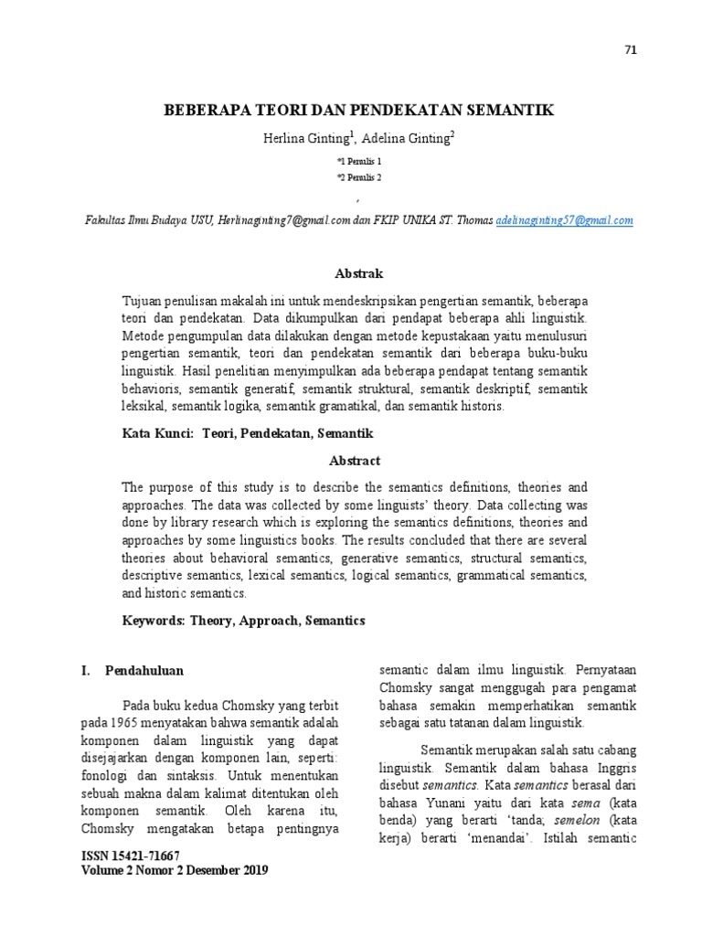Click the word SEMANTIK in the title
coord(503,111)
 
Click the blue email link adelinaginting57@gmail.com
coord(564,220)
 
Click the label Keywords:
coord(154,620)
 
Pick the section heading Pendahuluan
coord(144,670)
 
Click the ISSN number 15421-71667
coord(146,856)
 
